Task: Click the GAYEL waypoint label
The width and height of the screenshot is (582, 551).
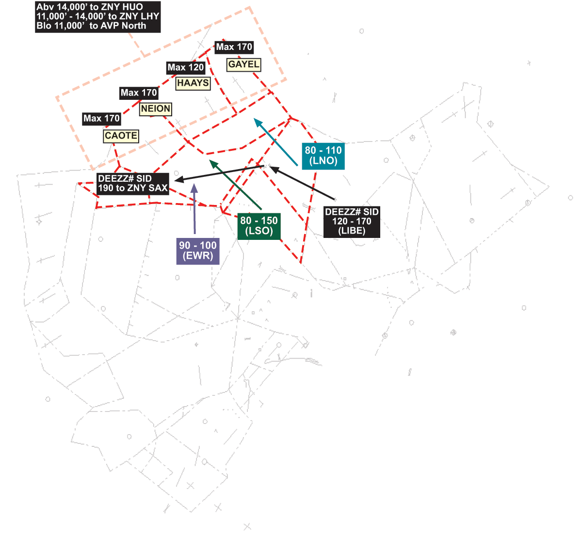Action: click(243, 64)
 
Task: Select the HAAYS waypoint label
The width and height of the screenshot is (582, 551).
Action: click(193, 83)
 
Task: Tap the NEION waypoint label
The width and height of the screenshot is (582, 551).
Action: click(156, 109)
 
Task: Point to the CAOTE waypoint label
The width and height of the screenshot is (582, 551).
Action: click(121, 136)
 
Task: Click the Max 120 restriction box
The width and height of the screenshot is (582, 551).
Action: click(186, 68)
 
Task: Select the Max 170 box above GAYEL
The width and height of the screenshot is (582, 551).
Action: click(234, 47)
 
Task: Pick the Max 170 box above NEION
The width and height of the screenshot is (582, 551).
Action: click(139, 93)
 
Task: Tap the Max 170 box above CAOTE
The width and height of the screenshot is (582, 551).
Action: click(101, 118)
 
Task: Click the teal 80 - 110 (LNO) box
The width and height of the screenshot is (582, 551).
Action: click(323, 156)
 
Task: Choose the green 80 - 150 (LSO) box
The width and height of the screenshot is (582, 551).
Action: click(259, 226)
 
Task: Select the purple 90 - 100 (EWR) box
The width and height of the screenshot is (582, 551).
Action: click(198, 251)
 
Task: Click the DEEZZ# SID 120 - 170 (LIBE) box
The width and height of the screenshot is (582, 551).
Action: click(352, 221)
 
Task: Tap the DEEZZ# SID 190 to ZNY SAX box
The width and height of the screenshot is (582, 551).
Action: click(133, 184)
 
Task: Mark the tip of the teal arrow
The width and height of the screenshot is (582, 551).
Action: click(255, 118)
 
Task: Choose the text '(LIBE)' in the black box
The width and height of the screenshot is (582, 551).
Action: click(352, 231)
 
